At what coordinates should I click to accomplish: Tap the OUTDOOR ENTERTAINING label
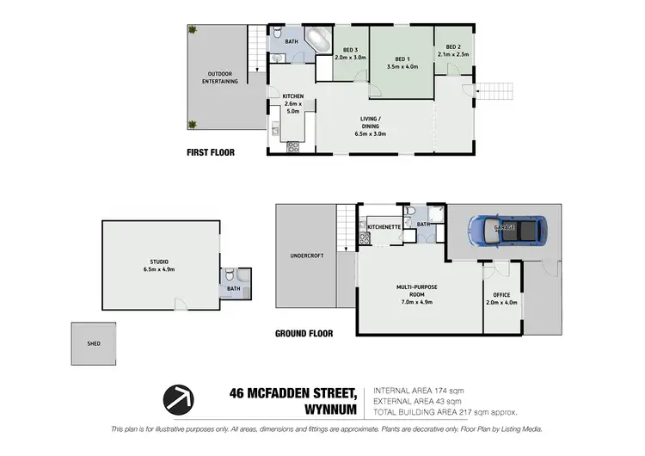coord(220,77)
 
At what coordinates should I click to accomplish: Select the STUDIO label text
coord(157,264)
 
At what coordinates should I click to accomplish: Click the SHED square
coord(94,343)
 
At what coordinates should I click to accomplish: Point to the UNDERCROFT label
coord(305,256)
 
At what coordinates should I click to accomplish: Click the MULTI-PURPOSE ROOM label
coord(415,293)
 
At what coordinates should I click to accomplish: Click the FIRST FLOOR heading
coord(211,152)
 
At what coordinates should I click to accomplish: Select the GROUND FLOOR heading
coord(304,333)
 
